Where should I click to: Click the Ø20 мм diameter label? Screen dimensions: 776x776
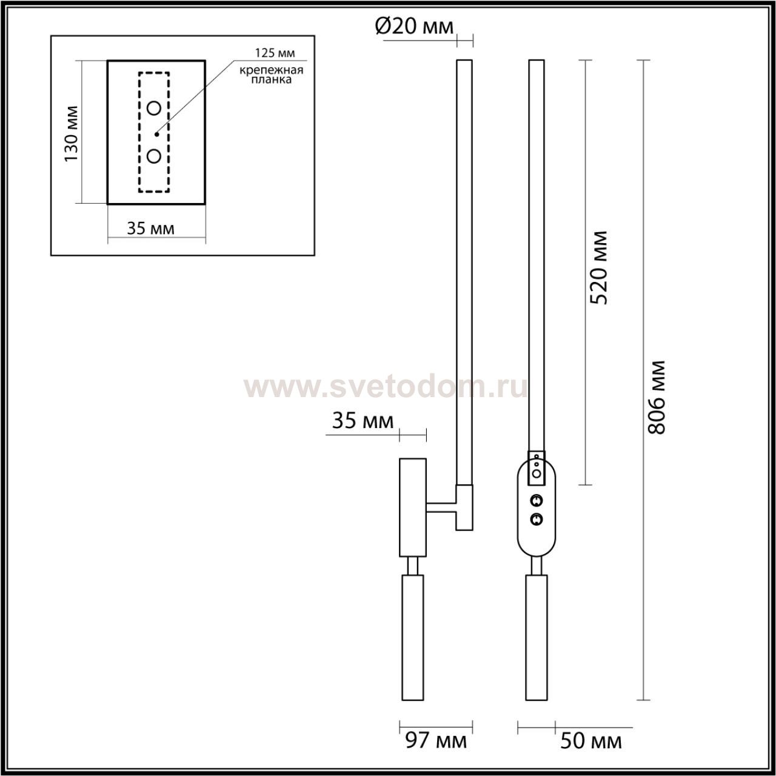pyautogui.click(x=414, y=27)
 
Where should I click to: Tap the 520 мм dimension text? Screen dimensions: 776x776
pyautogui.click(x=598, y=268)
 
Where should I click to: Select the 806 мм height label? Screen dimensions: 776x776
pyautogui.click(x=656, y=398)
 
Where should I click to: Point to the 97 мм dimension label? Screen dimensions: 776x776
pyautogui.click(x=436, y=741)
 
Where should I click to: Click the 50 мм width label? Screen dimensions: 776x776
pyautogui.click(x=590, y=741)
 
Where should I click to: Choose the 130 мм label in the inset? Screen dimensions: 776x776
pyautogui.click(x=72, y=134)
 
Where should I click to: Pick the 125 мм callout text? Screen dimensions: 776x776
pyautogui.click(x=275, y=53)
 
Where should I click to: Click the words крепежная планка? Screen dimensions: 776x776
pyautogui.click(x=271, y=75)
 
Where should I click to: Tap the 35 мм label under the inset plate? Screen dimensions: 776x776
pyautogui.click(x=150, y=229)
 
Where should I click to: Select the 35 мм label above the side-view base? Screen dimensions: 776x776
pyautogui.click(x=363, y=421)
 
